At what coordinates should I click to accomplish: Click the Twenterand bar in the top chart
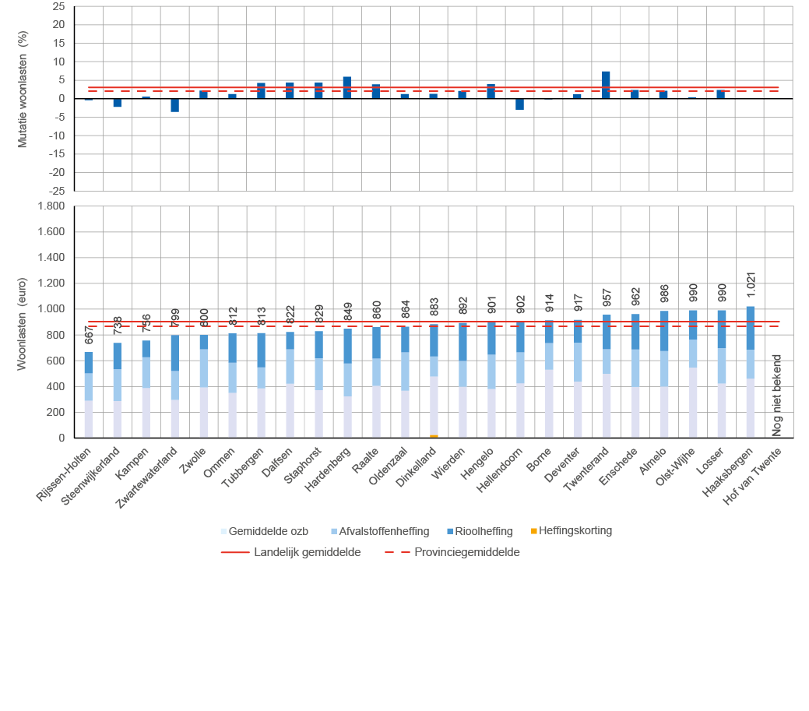[606, 85]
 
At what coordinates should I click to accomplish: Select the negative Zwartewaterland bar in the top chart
[175, 105]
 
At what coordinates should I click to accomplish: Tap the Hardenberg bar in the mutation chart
[347, 87]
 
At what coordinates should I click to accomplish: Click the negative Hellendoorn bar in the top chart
[519, 104]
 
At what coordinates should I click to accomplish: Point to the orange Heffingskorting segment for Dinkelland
[434, 436]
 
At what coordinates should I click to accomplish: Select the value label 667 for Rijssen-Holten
[89, 336]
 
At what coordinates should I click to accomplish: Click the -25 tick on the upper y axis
[57, 191]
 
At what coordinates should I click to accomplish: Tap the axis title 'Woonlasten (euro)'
[22, 322]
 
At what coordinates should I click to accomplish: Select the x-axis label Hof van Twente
[752, 474]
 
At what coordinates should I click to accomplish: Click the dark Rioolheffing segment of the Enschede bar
[635, 331]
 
